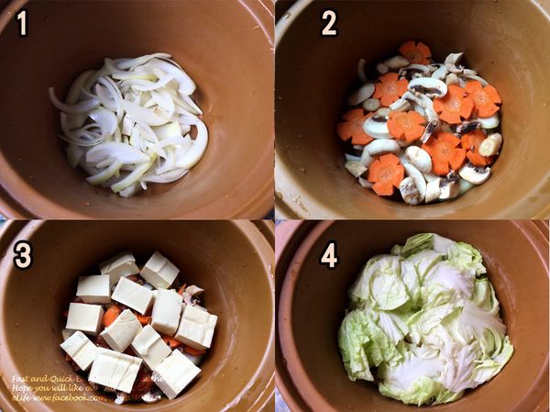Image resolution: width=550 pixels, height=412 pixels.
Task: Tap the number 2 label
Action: pos(329,23)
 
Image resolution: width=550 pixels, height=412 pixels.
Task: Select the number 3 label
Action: pos(23,254)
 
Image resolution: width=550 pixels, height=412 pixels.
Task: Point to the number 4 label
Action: pos(328,254)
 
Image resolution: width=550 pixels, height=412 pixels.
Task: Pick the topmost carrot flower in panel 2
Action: pos(415,52)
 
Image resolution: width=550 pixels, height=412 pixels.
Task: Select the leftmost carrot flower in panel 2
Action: pos(353,126)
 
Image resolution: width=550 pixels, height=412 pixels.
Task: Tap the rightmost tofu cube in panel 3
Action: pos(197,328)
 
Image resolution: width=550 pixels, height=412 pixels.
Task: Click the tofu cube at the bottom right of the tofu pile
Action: pos(175,372)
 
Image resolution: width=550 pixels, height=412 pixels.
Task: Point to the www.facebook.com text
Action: pos(72,398)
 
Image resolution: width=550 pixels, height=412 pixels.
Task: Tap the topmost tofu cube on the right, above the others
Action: pos(159,270)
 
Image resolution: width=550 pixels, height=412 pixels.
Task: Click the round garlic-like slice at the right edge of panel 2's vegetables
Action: pos(491,144)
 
